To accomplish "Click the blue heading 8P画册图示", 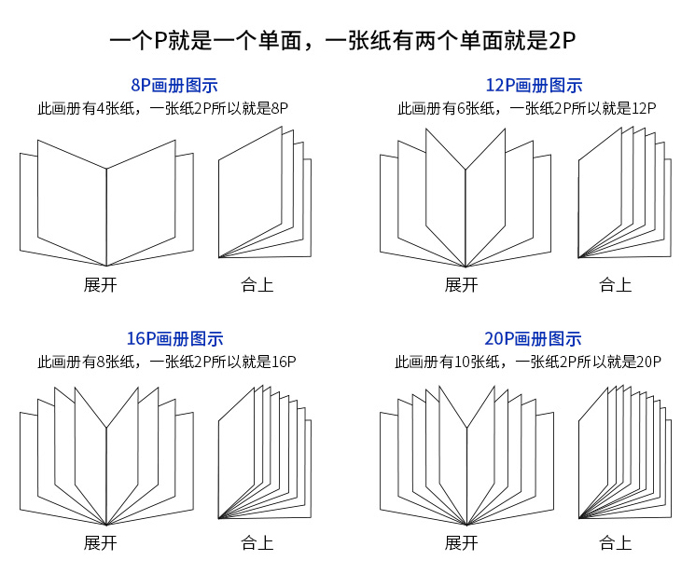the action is point(174,85).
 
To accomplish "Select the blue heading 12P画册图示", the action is point(535,85).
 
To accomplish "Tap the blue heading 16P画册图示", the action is point(174,339).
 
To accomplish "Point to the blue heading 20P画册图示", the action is point(533,339).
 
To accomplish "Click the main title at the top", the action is point(342,40).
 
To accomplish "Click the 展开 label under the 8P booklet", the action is point(100,285).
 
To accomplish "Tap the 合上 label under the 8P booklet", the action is point(257,285).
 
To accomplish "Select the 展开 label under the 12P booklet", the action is point(461,285).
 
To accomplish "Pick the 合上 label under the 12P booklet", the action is point(615,285).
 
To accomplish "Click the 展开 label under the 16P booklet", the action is point(100,543).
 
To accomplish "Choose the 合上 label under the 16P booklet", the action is point(257,543).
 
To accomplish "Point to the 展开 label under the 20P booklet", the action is point(461,543).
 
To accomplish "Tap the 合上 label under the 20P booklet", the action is point(615,543).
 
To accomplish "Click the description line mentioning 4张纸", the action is point(162,108).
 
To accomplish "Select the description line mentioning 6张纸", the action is point(526,108).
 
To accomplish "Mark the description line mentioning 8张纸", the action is point(167,362).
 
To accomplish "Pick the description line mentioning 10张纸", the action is point(528,362).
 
